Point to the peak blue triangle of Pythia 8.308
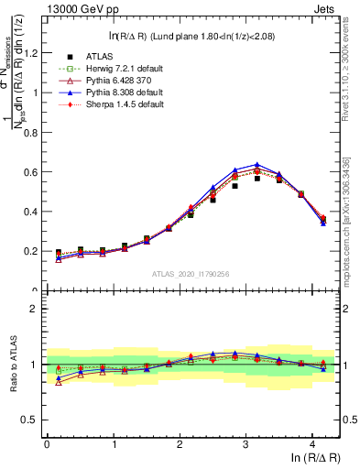(257, 165)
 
